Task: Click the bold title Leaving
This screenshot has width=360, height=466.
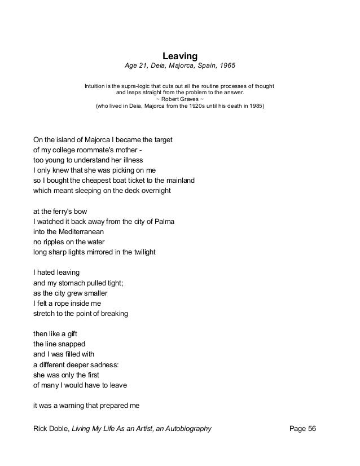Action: click(179, 56)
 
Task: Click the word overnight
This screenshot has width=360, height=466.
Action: click(152, 191)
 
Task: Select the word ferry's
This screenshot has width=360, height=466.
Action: click(66, 211)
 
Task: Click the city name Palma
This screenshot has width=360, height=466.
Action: click(164, 222)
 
